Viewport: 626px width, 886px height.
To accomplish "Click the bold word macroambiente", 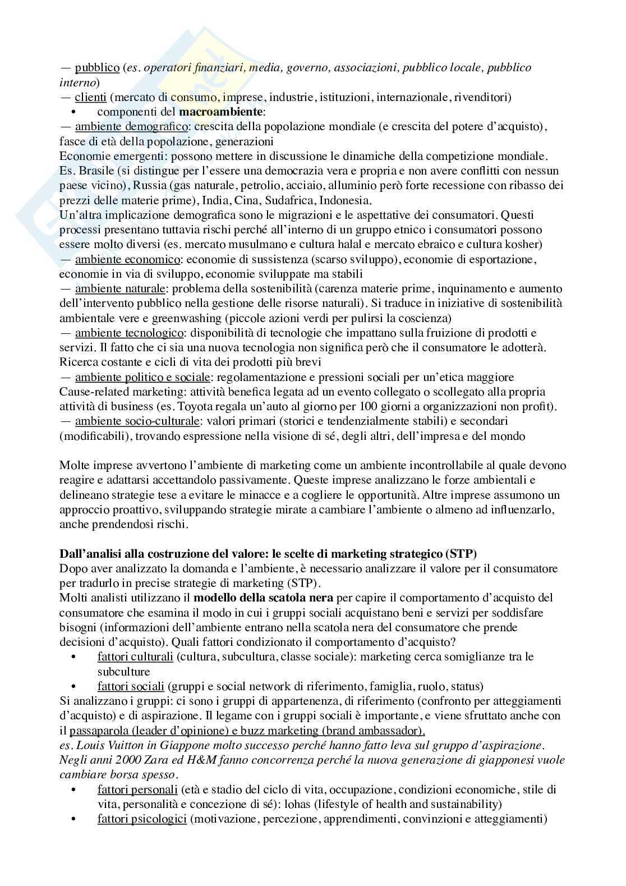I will click(x=221, y=112).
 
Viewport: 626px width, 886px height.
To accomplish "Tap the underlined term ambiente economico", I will click(x=127, y=259).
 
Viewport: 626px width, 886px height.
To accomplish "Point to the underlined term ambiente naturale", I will click(x=120, y=288).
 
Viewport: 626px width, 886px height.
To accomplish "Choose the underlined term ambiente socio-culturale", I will click(x=137, y=420).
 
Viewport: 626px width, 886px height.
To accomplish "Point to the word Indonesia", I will click(x=346, y=200).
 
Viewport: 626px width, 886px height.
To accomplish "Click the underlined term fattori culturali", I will click(x=135, y=657).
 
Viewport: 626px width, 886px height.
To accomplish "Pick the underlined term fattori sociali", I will click(x=131, y=686).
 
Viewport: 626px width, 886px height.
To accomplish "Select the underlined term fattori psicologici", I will click(x=142, y=819).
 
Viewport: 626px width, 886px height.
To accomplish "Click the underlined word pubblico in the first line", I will click(x=97, y=67).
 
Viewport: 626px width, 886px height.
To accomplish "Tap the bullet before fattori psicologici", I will click(x=73, y=819).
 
